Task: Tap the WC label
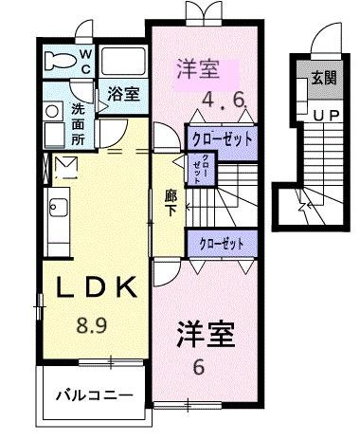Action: (85, 63)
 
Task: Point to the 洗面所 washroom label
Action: (78, 122)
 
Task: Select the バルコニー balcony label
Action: (92, 392)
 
